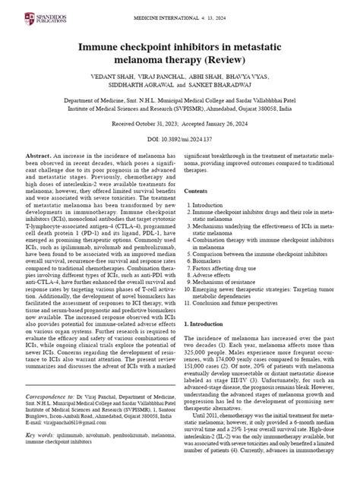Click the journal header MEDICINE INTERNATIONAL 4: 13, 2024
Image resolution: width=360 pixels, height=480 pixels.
180,8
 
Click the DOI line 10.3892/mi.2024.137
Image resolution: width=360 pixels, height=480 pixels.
180,139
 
